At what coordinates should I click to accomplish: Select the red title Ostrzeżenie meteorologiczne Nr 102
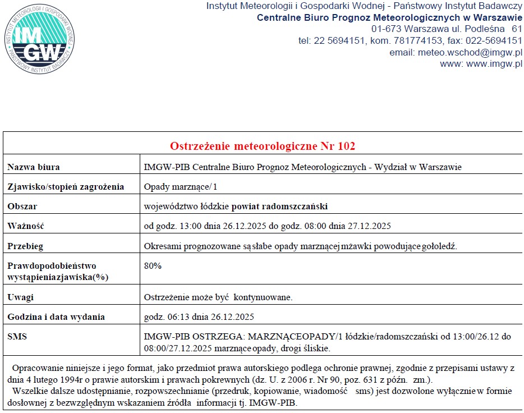pyautogui.click(x=263, y=146)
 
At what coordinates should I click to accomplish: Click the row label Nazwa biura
pyautogui.click(x=34, y=167)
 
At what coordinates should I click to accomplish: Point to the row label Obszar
pyautogui.click(x=22, y=206)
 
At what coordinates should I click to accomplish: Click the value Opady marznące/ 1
pyautogui.click(x=180, y=187)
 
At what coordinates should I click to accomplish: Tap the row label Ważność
pyautogui.click(x=26, y=226)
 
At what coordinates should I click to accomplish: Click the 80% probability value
pyautogui.click(x=153, y=266)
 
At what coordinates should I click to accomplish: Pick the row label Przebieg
pyautogui.click(x=25, y=246)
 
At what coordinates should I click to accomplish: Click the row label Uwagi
pyautogui.click(x=20, y=297)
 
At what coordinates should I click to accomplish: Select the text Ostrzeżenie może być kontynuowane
pyautogui.click(x=218, y=297)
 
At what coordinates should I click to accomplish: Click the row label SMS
pyautogui.click(x=17, y=337)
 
